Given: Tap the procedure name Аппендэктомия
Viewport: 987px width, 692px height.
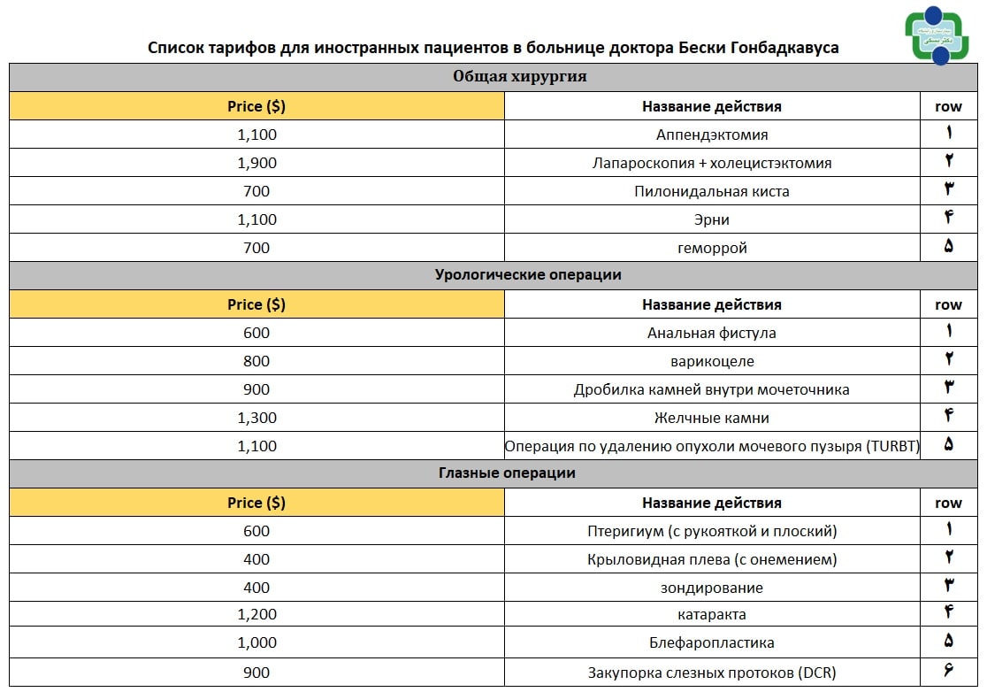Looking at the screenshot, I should (x=711, y=135).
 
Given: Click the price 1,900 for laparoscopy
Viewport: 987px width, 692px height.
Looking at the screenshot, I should (x=256, y=163).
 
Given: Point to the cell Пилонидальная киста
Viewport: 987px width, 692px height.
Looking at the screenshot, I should (x=711, y=191).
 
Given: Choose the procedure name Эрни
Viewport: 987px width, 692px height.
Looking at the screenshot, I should (x=711, y=219).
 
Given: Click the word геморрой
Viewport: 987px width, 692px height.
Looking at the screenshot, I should (x=711, y=248).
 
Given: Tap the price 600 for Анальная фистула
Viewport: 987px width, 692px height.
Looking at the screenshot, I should (x=256, y=333).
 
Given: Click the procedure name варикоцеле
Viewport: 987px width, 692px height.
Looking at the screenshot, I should (x=711, y=361).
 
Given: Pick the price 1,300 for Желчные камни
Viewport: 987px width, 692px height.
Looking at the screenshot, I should (x=256, y=418).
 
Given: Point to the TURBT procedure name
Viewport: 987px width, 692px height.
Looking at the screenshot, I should (x=711, y=446).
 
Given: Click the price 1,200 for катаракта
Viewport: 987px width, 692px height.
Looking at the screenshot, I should (x=256, y=614).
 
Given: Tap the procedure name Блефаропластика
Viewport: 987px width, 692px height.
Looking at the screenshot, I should (x=711, y=642).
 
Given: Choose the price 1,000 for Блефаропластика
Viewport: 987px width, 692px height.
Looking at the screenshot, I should (x=256, y=642).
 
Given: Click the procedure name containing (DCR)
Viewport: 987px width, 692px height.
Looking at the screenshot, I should (x=711, y=672).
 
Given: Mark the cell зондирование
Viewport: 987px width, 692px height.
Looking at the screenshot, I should (x=711, y=588).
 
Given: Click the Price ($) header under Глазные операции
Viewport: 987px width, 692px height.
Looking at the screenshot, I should (x=256, y=503).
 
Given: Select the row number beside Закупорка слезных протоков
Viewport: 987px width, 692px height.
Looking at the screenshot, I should (x=948, y=672).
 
